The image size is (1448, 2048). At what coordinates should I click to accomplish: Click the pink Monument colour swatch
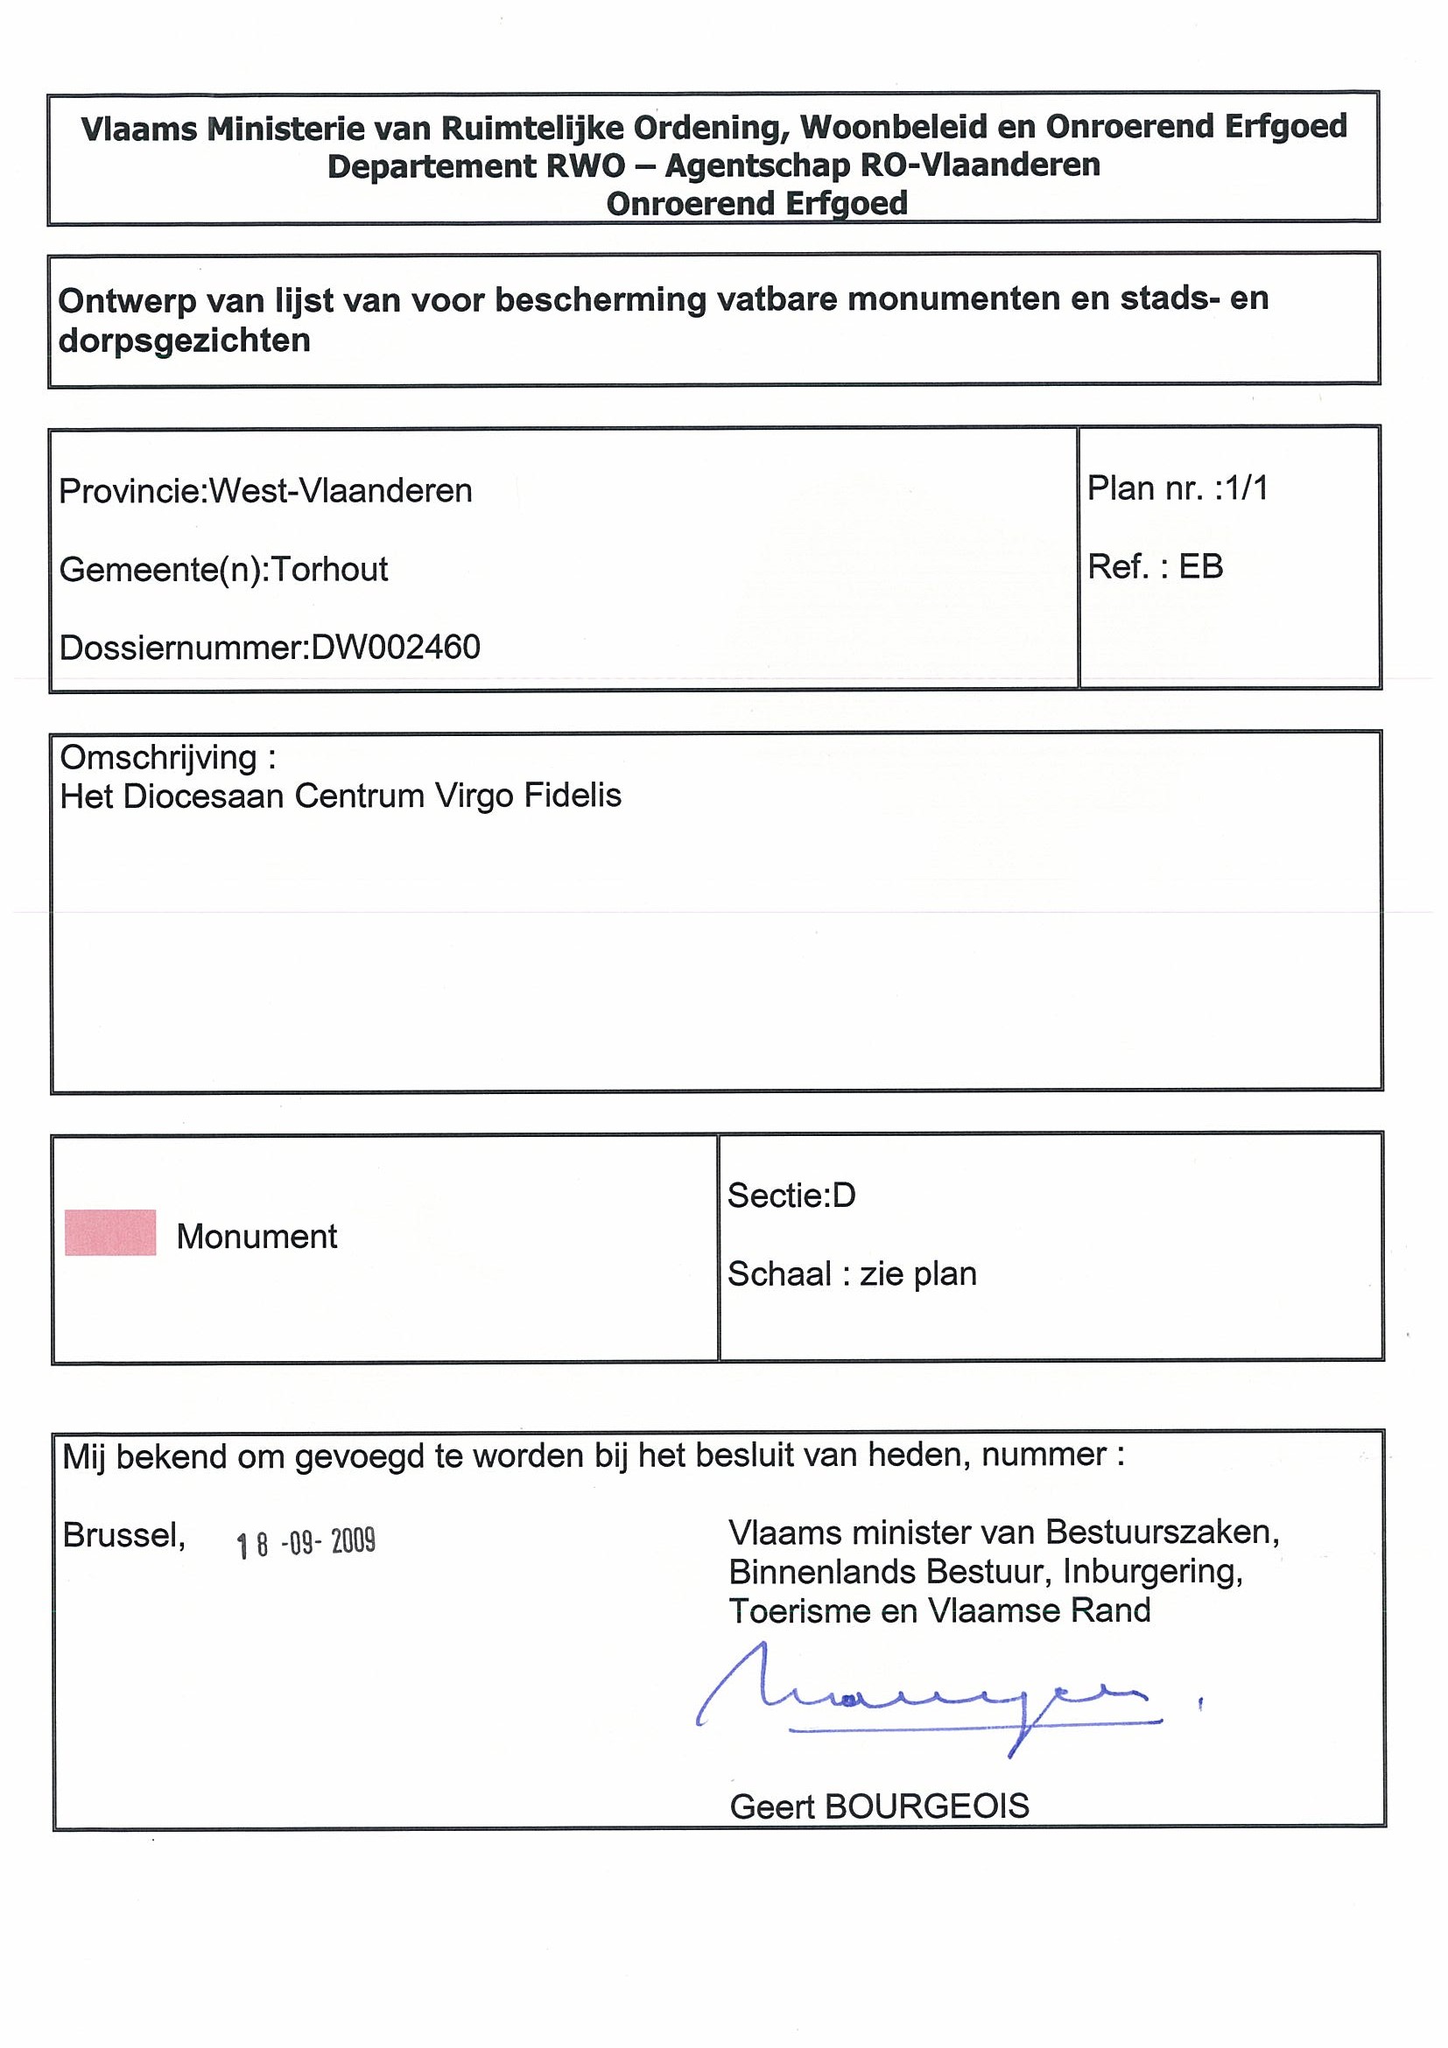coord(110,1232)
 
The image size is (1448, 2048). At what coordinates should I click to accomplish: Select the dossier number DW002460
coord(395,648)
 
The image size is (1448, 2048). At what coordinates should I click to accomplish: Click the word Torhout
coord(329,569)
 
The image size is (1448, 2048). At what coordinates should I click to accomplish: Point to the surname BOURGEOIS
coord(927,1806)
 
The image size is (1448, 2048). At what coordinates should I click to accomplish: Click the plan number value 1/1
coord(1248,489)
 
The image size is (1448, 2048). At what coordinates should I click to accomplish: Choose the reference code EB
coord(1201,566)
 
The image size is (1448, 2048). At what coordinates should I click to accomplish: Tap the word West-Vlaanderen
coord(340,491)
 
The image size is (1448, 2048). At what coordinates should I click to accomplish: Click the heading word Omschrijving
coord(158,757)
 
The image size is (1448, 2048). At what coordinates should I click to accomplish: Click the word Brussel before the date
coord(124,1535)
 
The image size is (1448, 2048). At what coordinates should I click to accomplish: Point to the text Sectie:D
coord(791,1196)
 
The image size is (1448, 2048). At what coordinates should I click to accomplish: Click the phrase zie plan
coord(918,1273)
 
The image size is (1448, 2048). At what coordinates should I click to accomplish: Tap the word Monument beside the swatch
coord(257,1237)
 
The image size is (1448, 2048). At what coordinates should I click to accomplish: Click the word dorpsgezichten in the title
coord(185,340)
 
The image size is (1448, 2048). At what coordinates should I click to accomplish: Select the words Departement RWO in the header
coord(475,167)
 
